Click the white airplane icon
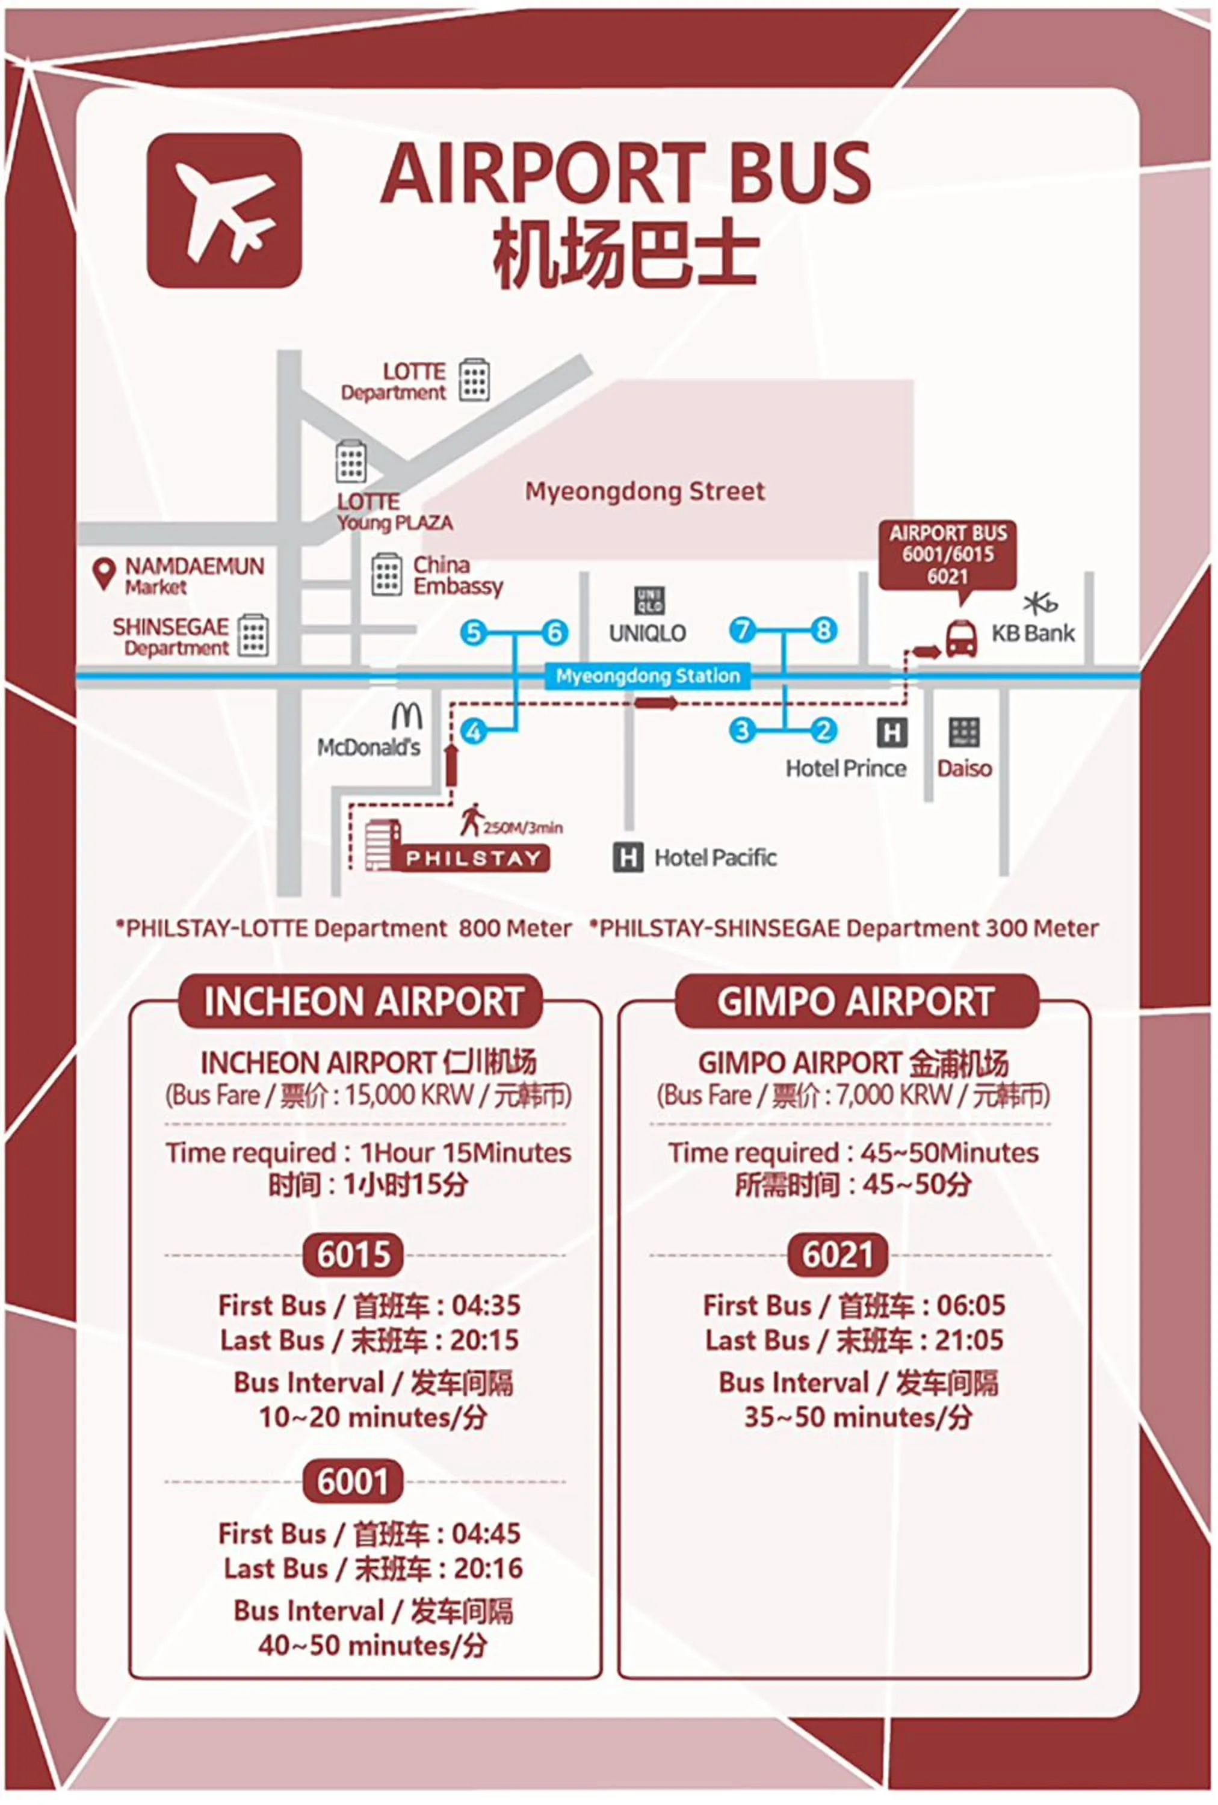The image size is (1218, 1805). (x=224, y=211)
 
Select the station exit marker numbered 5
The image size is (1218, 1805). (x=473, y=633)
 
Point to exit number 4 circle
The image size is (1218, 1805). (x=473, y=731)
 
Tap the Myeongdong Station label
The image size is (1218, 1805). (x=647, y=676)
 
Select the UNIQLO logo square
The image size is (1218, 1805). (x=649, y=601)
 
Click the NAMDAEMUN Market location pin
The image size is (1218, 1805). (x=104, y=574)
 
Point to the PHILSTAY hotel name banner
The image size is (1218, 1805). (x=473, y=858)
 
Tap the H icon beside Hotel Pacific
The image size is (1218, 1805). (x=628, y=857)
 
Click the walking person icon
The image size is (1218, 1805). (x=469, y=821)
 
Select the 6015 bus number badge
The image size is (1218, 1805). (x=353, y=1254)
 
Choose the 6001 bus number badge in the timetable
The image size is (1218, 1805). (x=353, y=1482)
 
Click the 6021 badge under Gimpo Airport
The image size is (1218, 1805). (x=838, y=1254)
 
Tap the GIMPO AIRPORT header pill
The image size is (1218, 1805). (x=856, y=1001)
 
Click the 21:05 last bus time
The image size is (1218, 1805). (x=970, y=1340)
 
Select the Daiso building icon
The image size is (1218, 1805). (x=964, y=732)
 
